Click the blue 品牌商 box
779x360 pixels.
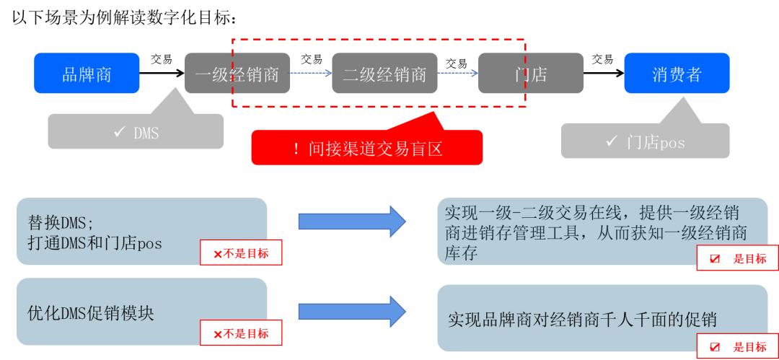(x=87, y=74)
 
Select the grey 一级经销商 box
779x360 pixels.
(x=237, y=74)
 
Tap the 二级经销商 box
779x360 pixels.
(x=384, y=74)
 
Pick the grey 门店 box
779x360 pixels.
(x=531, y=74)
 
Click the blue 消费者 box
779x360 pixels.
(x=677, y=74)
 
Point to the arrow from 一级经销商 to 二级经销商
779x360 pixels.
(x=311, y=73)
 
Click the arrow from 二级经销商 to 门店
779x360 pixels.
(x=458, y=73)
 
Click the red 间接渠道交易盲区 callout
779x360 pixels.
(x=367, y=148)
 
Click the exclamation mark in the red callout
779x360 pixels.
(x=296, y=149)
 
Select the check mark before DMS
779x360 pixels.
(x=119, y=133)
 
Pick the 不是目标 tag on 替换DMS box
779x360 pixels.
(x=241, y=253)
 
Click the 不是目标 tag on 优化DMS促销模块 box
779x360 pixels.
(x=241, y=333)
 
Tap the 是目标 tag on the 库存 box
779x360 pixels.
(x=736, y=258)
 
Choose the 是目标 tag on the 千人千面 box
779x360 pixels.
(x=736, y=347)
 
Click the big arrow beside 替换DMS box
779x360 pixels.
(x=352, y=221)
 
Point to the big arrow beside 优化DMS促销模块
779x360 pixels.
(x=352, y=311)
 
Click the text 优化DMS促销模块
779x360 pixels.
(x=91, y=313)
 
